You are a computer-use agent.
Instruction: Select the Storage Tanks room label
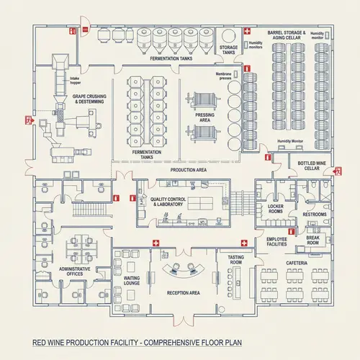coord(228,50)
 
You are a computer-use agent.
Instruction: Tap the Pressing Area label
coord(204,117)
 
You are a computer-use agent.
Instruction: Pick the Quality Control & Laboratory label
coord(166,202)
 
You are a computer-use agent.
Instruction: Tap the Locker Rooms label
coord(275,210)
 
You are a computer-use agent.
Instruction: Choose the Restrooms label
coord(314,215)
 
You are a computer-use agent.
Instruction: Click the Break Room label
coord(312,240)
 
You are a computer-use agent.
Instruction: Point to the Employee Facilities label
coord(276,242)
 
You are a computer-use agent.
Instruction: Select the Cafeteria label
coord(297,264)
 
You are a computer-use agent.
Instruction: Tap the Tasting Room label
coord(235,259)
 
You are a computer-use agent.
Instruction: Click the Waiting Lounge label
coord(132,280)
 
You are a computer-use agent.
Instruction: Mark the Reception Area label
coord(183,293)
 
